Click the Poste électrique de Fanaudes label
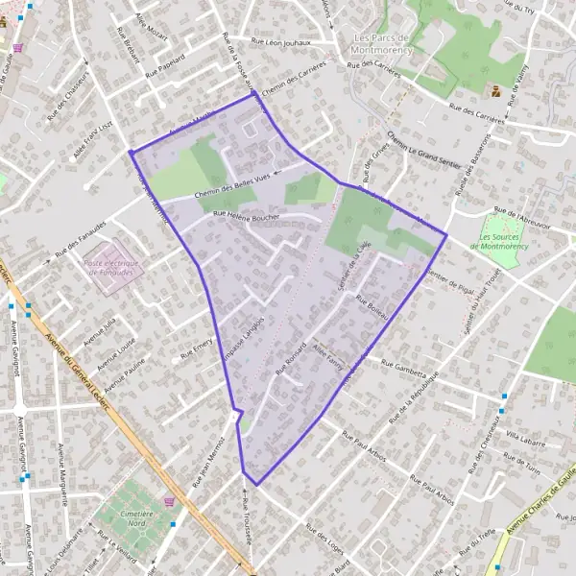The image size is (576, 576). click(111, 267)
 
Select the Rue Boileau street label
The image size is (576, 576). click(370, 306)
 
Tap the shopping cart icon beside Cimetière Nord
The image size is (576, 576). click(171, 500)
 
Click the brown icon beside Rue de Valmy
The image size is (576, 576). click(495, 92)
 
